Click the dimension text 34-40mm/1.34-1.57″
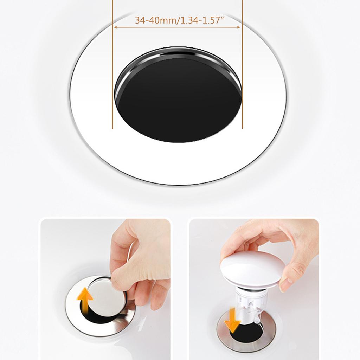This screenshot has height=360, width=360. pyautogui.click(x=177, y=20)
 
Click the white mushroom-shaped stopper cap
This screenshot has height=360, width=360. pyautogui.click(x=251, y=265)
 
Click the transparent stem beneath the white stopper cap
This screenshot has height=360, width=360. pyautogui.click(x=250, y=302)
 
